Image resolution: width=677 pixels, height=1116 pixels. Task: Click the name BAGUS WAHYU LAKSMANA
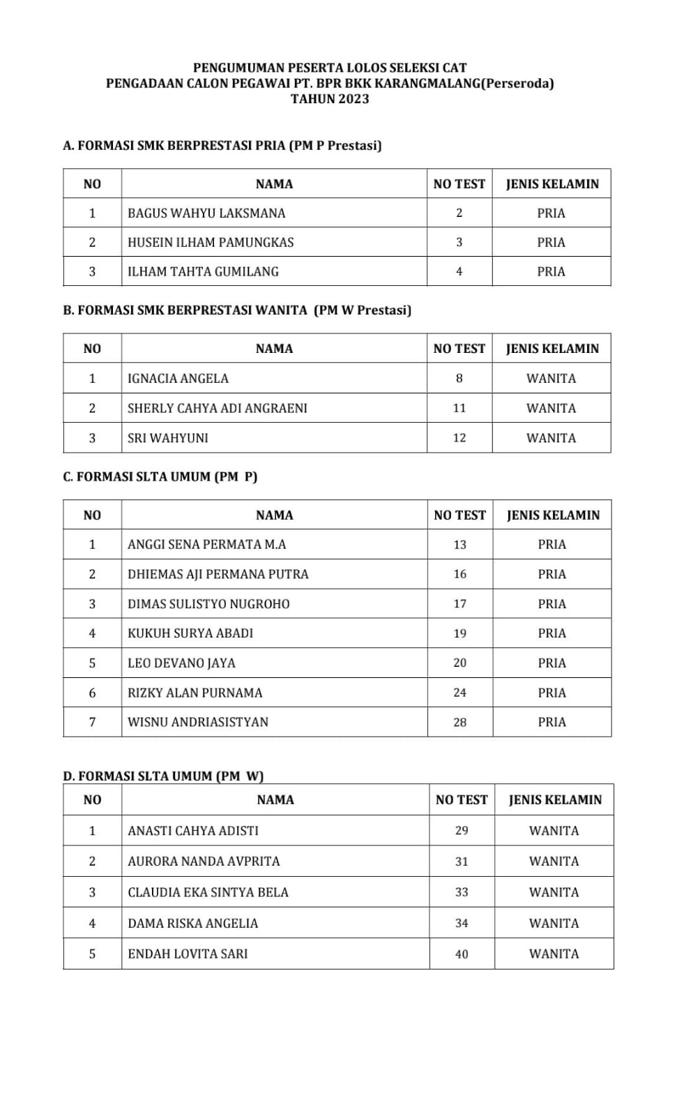(x=206, y=213)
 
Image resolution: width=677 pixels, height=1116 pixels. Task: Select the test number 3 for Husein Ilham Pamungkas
(x=459, y=243)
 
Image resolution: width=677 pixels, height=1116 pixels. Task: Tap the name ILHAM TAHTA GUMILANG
(x=203, y=272)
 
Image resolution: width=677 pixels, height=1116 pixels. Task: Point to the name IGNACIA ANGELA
(x=178, y=379)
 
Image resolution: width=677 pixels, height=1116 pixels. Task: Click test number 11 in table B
(x=459, y=409)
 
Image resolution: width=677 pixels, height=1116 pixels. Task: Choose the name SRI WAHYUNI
(x=167, y=439)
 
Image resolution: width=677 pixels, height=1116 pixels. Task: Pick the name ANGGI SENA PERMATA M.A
(x=206, y=545)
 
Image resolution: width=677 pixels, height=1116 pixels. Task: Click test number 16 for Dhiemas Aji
(x=459, y=575)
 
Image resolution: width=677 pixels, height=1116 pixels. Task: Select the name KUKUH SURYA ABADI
(x=190, y=634)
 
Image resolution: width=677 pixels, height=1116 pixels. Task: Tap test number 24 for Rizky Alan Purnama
(x=459, y=693)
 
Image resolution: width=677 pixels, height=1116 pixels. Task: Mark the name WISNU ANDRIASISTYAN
(x=198, y=723)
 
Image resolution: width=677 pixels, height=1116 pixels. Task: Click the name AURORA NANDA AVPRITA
(x=204, y=862)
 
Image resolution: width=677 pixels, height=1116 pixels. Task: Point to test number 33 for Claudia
(x=462, y=893)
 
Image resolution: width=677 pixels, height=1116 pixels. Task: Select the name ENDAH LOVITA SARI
(x=188, y=954)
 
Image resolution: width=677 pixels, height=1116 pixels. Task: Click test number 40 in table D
(x=462, y=955)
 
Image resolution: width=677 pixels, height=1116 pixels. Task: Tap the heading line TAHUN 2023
(x=330, y=99)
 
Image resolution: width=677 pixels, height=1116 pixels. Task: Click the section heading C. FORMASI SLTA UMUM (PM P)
(x=160, y=477)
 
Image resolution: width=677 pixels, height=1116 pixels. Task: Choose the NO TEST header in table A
(x=459, y=184)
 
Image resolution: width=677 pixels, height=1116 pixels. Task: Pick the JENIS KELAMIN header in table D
(x=555, y=800)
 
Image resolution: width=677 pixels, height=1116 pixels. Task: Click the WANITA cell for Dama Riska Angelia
(x=554, y=923)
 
